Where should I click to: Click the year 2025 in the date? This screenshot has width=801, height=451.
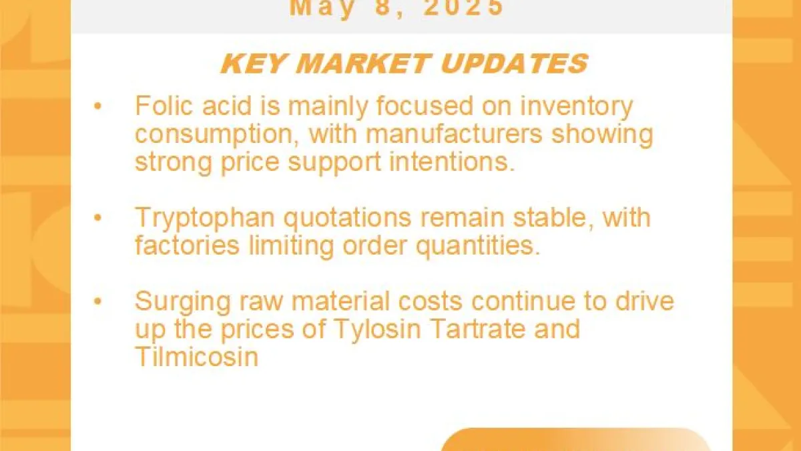point(464,7)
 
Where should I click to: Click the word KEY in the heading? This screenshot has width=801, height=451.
point(253,63)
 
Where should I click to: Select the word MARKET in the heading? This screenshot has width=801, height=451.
point(362,63)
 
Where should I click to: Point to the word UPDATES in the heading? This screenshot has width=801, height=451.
point(514,63)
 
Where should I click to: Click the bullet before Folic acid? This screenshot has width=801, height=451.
point(97,106)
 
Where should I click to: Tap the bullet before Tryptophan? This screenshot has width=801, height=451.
point(97,218)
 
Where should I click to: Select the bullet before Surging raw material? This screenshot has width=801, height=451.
point(97,301)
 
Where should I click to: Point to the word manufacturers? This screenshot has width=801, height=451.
point(454,134)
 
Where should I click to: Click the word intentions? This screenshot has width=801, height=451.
point(452,162)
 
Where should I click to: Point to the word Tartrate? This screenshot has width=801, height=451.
point(478,329)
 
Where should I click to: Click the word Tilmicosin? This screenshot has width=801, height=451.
point(196,357)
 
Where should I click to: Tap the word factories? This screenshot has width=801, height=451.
point(187,245)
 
